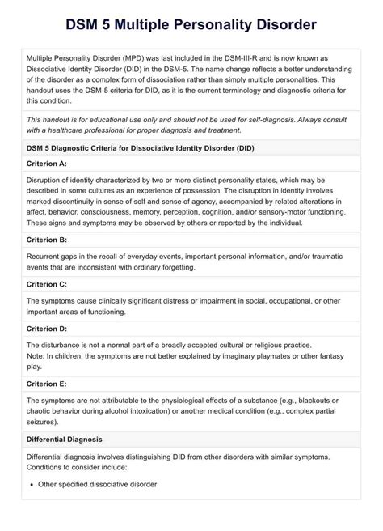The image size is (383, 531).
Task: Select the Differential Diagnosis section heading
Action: [x=64, y=440]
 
